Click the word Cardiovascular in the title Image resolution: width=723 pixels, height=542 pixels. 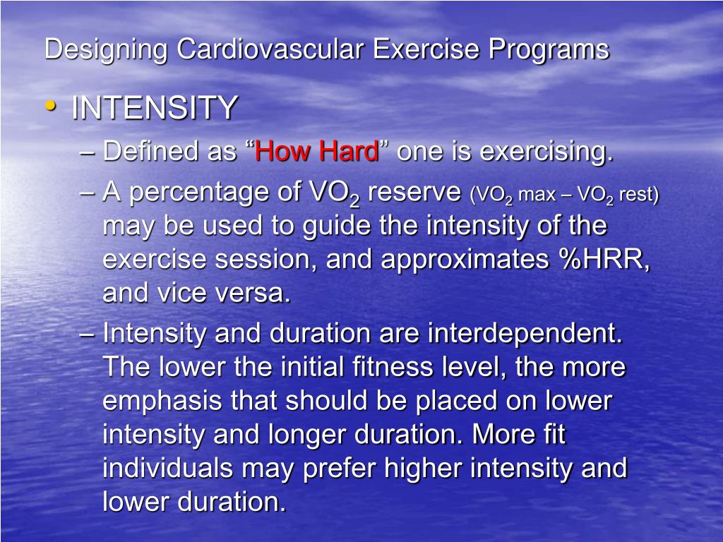[271, 49]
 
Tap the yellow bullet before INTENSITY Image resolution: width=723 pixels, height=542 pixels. [49, 105]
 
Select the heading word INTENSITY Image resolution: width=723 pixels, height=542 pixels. [154, 108]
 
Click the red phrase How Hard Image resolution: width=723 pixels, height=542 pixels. [317, 152]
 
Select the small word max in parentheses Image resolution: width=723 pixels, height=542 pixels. [537, 195]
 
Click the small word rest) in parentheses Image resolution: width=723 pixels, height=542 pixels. [638, 195]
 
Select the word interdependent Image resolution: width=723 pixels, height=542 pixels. [525, 333]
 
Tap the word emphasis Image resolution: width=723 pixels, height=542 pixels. [162, 401]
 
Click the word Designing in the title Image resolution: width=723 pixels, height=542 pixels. [106, 49]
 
